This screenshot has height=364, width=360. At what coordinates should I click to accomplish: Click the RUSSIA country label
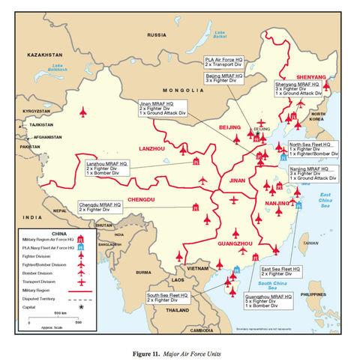157,35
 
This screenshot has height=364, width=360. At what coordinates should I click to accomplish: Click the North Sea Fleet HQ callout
313,149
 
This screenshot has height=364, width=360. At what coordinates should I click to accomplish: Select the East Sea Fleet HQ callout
281,271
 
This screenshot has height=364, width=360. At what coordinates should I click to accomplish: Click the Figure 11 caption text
179,352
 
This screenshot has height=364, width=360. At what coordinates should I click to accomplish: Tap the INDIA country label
31,217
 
